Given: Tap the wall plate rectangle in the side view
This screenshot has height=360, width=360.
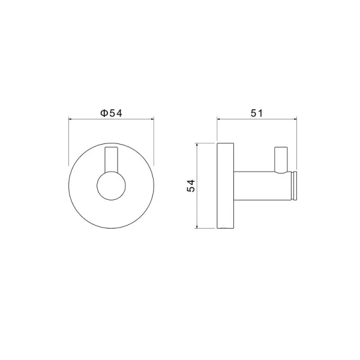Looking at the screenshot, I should (224, 186).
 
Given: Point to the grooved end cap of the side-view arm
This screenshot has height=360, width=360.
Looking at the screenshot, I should (294, 186).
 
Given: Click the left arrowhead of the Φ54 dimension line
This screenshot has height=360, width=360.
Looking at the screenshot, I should (72, 119).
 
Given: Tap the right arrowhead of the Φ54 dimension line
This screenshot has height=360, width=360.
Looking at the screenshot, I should (154, 119).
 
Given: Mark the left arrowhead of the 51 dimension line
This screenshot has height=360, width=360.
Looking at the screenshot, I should (218, 119).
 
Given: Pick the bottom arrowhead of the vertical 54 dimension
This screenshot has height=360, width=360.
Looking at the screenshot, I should (199, 226).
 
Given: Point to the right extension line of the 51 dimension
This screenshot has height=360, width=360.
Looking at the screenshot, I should (298, 144).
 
